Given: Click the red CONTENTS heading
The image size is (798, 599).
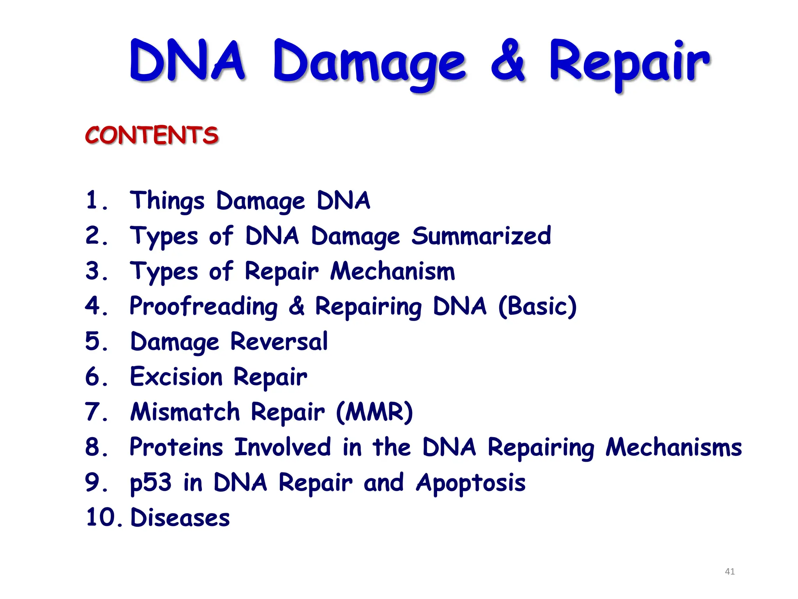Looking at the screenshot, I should (x=152, y=135).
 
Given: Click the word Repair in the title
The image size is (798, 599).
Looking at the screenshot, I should (x=629, y=62).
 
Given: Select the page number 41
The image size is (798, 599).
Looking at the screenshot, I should (x=729, y=571).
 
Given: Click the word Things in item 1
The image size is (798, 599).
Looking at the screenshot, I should (x=167, y=201).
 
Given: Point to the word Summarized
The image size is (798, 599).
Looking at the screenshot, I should (x=481, y=236).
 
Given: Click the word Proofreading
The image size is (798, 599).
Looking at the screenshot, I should (x=204, y=306).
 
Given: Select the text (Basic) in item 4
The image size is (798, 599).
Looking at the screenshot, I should (x=537, y=306).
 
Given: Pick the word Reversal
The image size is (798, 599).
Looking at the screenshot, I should (x=279, y=342).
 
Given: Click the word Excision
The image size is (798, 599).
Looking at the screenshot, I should (x=176, y=377).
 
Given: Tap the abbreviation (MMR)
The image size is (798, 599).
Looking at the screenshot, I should (x=374, y=412).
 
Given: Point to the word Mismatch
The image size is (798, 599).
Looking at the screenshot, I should (x=185, y=412).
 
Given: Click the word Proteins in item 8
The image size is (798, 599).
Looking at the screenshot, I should (x=176, y=447).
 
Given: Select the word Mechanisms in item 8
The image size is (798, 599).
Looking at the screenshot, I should (x=673, y=447).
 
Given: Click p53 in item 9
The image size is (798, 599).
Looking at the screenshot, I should (x=150, y=483).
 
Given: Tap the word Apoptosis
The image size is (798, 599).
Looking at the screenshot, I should (x=471, y=483).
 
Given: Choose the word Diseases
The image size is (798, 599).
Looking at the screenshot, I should (x=180, y=518).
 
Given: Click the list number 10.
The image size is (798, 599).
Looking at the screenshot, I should (x=102, y=518).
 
